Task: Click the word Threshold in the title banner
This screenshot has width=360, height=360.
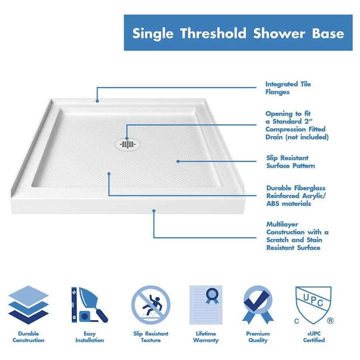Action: pos(213,33)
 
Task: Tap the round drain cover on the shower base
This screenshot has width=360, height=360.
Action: pos(128,144)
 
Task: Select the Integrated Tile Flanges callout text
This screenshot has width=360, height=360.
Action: pos(288,88)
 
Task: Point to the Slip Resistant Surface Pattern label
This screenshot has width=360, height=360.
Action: pos(290,162)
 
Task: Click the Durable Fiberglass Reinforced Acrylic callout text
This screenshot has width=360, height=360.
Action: pos(296,196)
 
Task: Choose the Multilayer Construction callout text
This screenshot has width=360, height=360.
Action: pos(297,236)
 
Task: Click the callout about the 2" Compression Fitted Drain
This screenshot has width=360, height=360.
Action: pos(297,125)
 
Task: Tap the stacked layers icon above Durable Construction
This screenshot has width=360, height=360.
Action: pos(28,305)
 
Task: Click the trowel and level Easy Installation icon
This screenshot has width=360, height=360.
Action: pos(89,305)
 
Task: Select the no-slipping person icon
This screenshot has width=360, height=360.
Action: pos(151,305)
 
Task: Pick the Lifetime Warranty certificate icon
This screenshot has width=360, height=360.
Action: pos(206,305)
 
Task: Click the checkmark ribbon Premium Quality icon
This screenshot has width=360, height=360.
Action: pos(258,305)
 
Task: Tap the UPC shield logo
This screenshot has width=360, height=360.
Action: pos(313,305)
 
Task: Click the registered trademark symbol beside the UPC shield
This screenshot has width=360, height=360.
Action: pos(330,320)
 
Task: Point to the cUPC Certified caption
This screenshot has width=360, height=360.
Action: pos(314,337)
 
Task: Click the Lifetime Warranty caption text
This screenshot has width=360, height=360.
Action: pos(206,337)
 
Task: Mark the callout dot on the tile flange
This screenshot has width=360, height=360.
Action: pos(97,101)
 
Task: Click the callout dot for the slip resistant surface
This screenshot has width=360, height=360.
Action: pos(178,162)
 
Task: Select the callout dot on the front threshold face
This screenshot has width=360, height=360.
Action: pos(154,211)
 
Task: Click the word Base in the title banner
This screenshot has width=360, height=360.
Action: pos(328,33)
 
